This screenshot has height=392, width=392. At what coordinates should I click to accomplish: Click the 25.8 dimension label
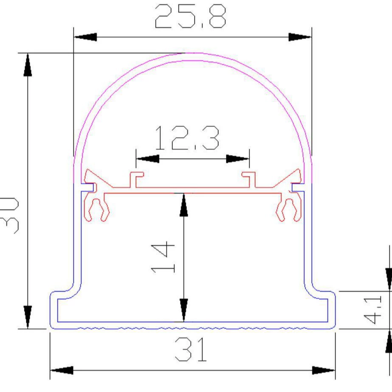pos(191,16)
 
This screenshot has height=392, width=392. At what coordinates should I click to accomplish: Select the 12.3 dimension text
pos(187,138)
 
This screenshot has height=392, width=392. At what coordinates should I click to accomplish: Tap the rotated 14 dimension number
pos(163,257)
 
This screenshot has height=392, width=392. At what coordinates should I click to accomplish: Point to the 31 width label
pos(191,349)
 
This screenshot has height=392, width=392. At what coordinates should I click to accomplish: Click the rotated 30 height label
pos(9,215)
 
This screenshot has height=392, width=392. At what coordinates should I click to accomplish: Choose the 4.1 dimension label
pos(372,310)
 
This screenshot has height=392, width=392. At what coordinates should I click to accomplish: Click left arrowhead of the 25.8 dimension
pos(85,37)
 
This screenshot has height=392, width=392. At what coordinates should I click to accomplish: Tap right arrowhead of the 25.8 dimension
pos(300,37)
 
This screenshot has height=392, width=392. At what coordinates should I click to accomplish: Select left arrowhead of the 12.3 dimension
pos(148,159)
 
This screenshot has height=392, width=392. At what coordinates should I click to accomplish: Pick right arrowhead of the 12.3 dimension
pos(237,159)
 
